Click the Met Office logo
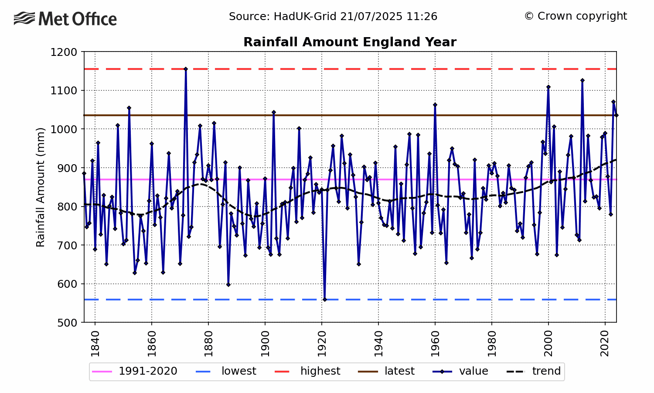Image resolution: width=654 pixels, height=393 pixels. point(65,19)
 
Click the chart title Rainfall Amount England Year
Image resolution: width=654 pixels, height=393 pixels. point(350,42)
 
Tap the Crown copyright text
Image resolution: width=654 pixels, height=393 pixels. point(576,16)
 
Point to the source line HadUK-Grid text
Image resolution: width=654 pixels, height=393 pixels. point(333,17)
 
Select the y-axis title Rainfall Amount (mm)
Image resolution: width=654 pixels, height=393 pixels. point(41,187)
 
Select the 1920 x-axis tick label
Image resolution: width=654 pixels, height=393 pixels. point(322,344)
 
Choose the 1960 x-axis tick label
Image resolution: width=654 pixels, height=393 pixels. point(435,344)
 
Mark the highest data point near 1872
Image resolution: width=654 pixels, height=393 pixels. point(186,69)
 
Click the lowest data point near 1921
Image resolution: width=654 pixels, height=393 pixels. point(324,300)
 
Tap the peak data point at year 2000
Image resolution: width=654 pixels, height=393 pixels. point(548,87)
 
